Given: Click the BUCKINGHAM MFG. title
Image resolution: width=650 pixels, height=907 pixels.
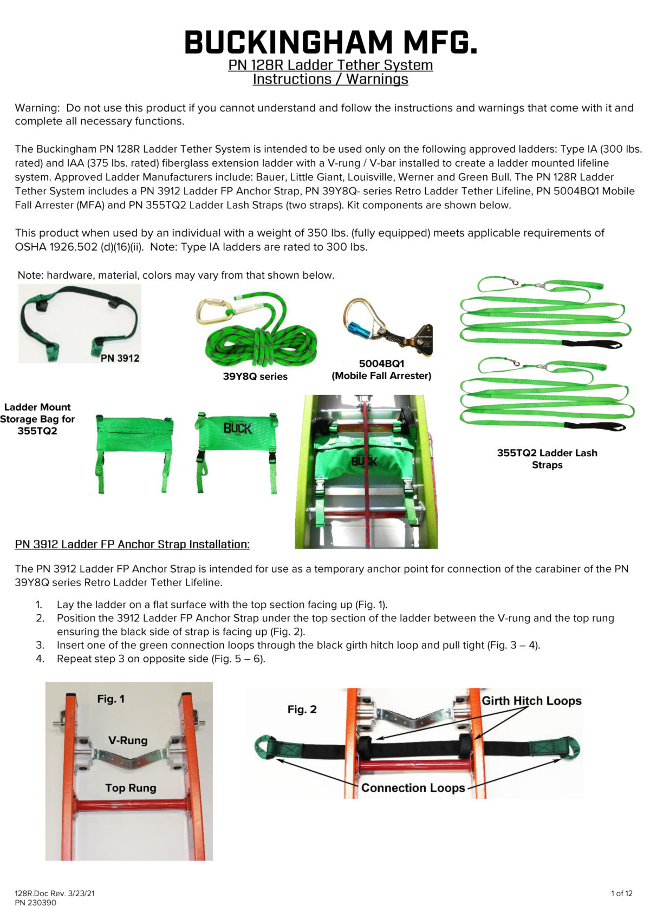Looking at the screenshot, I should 330,42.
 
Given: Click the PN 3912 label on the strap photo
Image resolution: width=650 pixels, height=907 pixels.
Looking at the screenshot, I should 120,358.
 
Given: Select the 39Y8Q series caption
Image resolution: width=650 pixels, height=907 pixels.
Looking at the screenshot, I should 255,376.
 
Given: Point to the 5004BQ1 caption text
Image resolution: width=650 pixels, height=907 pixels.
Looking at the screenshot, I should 381,364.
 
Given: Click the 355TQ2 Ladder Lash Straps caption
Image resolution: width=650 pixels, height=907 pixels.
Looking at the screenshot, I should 547,458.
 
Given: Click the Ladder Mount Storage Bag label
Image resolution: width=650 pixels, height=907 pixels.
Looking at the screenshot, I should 37,418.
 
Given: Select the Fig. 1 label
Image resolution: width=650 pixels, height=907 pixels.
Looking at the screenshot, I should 110,699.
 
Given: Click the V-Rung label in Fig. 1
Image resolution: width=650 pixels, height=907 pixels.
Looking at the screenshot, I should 128,740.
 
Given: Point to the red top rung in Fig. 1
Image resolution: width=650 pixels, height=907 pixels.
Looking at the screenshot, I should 132,805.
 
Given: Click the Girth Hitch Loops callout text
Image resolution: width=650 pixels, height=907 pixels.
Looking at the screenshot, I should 531,700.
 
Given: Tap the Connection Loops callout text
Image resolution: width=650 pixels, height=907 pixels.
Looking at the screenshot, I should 413,787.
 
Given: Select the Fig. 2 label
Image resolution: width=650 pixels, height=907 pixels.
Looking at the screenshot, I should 302,709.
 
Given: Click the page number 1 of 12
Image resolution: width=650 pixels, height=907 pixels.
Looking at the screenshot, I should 621,893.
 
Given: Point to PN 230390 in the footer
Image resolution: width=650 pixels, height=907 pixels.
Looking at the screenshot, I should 36,902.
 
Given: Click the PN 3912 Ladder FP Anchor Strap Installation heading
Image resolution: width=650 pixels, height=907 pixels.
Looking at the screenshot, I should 132,544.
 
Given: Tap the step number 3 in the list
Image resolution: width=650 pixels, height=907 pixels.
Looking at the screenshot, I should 40,645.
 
